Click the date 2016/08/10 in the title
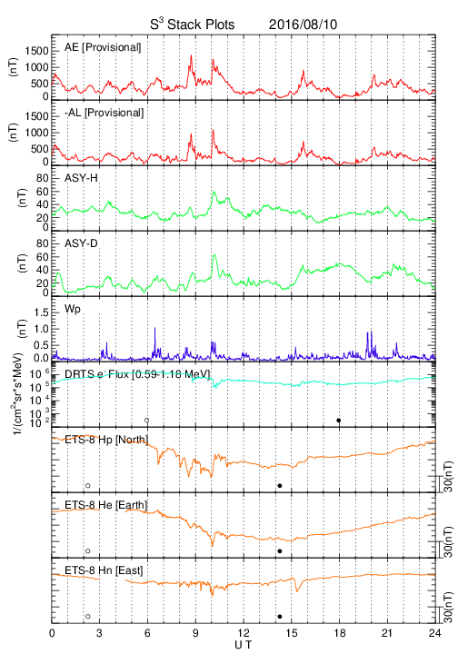coord(303,25)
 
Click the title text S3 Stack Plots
coord(193,25)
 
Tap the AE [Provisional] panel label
coord(103,47)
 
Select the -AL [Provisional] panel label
coord(104,113)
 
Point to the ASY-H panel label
coord(81,178)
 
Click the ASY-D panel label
coord(81,243)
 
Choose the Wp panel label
coord(73,309)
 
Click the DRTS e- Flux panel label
coord(137,374)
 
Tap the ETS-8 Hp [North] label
coord(106,440)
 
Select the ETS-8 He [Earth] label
coord(106,505)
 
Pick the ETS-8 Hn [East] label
coord(104,570)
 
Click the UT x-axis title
coord(244,645)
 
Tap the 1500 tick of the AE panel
coord(36,51)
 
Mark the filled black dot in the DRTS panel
coord(339,421)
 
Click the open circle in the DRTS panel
coord(147,421)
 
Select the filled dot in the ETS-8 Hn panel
coord(280,617)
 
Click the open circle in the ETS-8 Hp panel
coord(87,485)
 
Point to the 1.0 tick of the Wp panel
coord(41,329)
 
